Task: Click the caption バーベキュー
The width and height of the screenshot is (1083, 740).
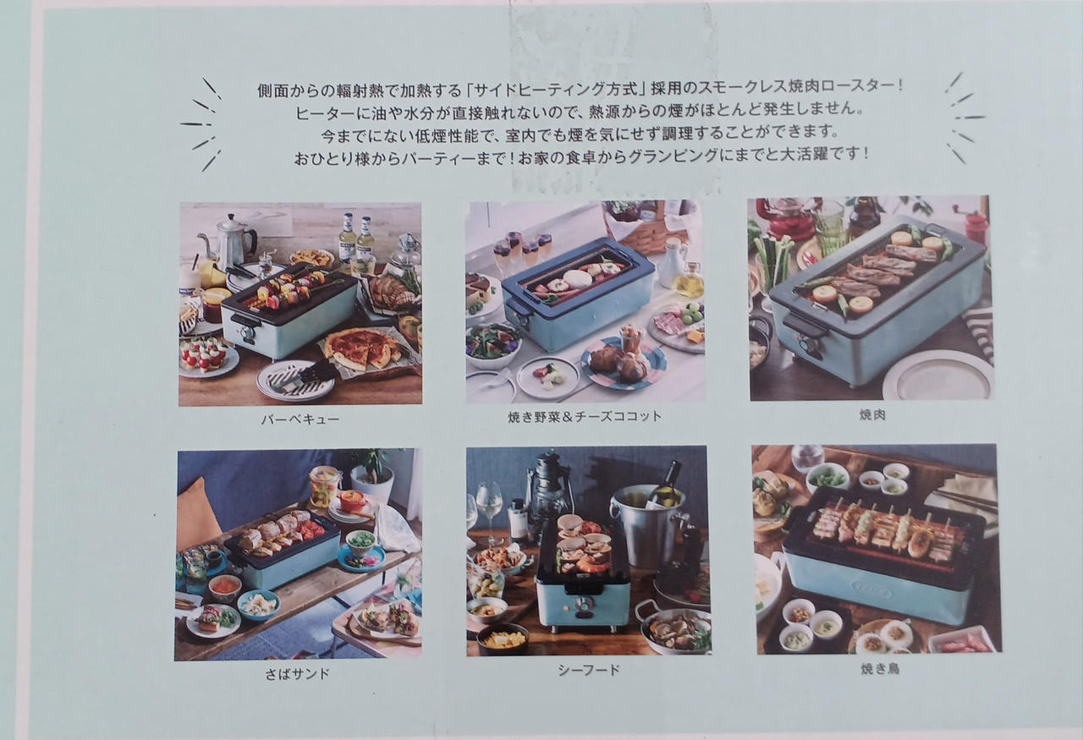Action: [300, 419]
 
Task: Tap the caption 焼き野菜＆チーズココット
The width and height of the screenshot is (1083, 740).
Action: [585, 417]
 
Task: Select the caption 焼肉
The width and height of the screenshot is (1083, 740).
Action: [872, 414]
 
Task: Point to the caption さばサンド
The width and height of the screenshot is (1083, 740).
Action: [297, 674]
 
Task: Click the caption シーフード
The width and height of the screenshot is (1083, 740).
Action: [589, 670]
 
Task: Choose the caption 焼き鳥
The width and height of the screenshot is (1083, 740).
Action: [880, 669]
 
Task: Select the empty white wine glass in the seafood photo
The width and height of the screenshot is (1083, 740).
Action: [489, 512]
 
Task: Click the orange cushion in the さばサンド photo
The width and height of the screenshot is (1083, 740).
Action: [197, 515]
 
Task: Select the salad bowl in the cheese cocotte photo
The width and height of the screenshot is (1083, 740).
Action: [492, 345]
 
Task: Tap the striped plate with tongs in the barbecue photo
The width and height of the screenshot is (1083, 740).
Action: [295, 381]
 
